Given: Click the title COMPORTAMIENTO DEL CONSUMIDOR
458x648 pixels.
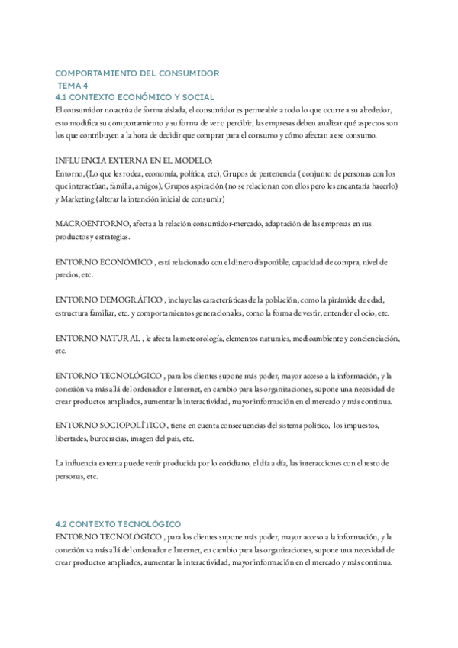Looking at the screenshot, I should coord(137,73).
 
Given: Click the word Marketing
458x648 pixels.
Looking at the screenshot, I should coord(83,199).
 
